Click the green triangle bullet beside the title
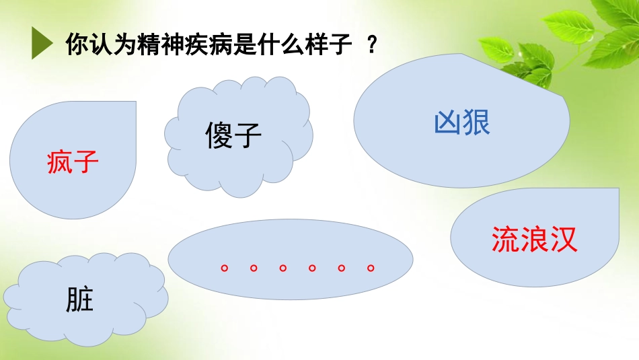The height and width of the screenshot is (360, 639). [42, 44]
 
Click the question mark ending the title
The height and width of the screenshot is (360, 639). [372, 45]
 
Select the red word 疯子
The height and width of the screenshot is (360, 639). [73, 162]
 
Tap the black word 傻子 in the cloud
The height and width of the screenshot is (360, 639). [233, 136]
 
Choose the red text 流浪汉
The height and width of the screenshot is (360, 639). [535, 239]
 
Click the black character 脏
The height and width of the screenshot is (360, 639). [80, 299]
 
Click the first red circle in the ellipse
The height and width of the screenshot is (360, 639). [224, 268]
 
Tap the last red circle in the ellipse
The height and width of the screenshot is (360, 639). [371, 268]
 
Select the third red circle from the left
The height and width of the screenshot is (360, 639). [283, 268]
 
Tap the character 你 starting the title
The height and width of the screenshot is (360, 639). [75, 45]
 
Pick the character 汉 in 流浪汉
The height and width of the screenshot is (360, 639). [564, 239]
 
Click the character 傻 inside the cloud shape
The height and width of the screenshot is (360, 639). [219, 136]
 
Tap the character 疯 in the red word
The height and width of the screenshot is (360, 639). [60, 162]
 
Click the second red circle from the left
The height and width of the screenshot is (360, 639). [254, 268]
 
